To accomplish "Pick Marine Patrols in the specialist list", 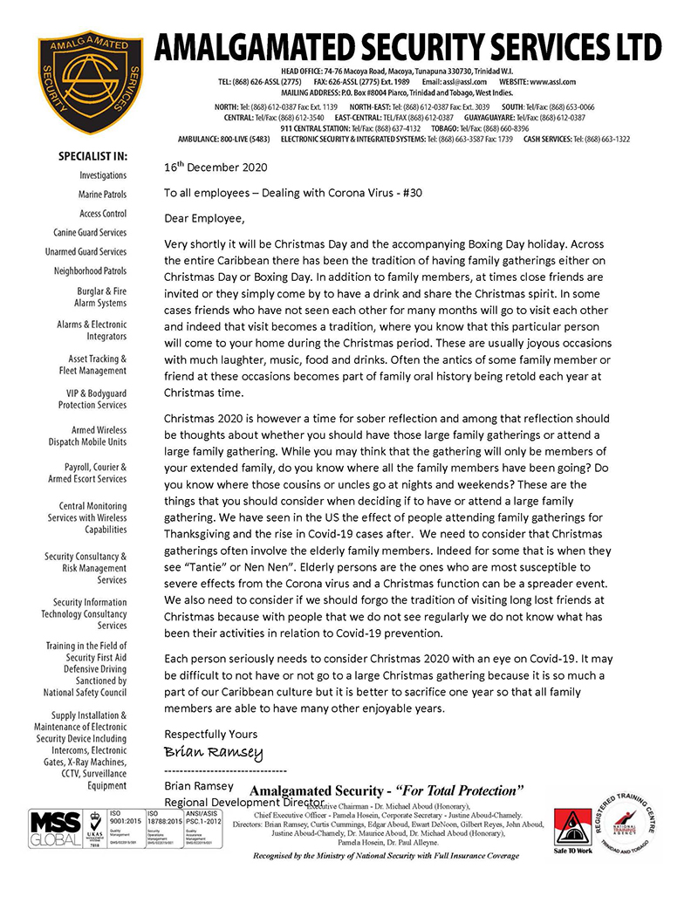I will click(103, 195).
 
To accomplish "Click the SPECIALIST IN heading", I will click(92, 157).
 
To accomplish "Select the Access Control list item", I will click(102, 214).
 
